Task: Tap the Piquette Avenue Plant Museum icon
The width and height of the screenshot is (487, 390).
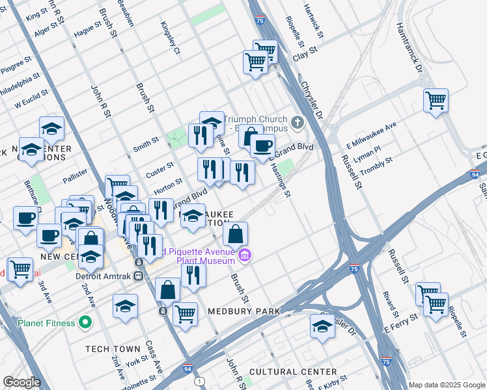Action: [x=244, y=254]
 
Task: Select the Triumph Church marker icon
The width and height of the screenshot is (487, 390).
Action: [x=298, y=122]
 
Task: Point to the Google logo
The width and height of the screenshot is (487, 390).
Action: [x=21, y=382]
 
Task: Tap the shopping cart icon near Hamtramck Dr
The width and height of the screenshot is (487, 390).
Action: [x=436, y=101]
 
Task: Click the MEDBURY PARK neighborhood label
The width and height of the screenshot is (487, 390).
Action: [x=244, y=311]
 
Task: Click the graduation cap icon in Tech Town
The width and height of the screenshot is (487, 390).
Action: [x=126, y=307]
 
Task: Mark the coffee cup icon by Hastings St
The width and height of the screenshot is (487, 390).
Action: [x=262, y=146]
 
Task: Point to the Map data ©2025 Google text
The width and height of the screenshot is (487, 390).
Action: [x=446, y=384]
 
